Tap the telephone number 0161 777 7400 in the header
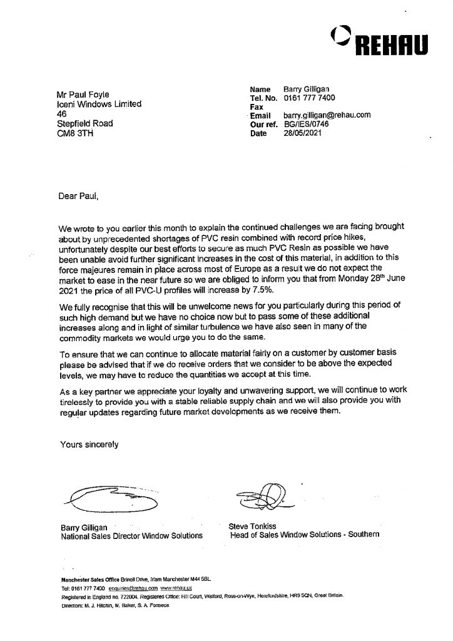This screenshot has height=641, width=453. click(308, 98)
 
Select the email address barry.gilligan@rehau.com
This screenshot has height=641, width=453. click(327, 115)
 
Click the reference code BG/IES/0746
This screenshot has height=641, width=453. click(306, 124)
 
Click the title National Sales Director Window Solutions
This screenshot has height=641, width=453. click(131, 536)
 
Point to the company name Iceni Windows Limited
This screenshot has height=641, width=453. click(99, 105)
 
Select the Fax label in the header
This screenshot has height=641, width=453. click(257, 106)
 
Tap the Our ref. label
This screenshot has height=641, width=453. click(262, 124)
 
